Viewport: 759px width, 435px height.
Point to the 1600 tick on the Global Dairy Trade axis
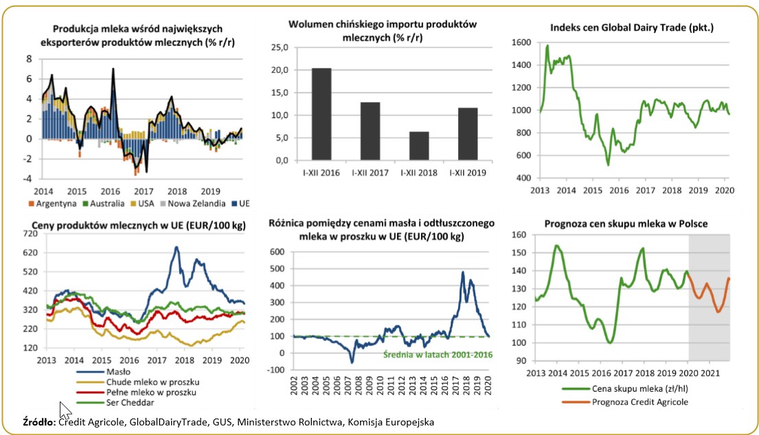click(521, 43)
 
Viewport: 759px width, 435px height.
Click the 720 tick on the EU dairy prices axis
click(30, 233)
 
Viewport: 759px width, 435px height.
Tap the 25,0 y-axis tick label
click(281, 48)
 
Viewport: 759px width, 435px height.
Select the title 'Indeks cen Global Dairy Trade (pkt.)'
click(632, 27)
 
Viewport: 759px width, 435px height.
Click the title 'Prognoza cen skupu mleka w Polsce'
click(626, 223)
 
